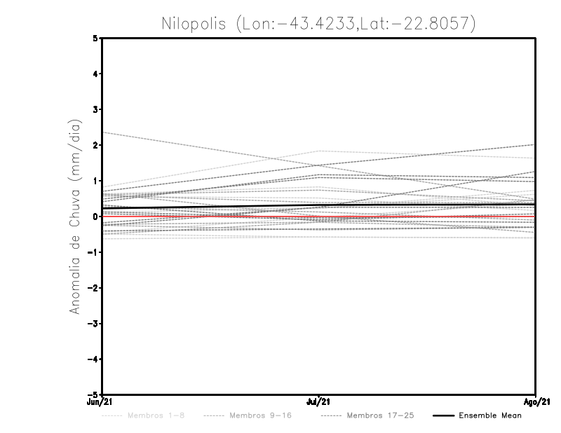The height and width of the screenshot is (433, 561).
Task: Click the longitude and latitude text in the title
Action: tap(356, 24)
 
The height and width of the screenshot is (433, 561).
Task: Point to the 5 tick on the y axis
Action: tap(95, 38)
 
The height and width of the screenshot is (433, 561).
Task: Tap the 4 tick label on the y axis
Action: tap(95, 74)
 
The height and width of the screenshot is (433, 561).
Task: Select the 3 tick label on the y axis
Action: tap(95, 109)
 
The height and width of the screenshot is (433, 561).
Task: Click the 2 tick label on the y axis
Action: tap(95, 145)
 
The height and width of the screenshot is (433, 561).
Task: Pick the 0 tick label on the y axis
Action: tap(95, 216)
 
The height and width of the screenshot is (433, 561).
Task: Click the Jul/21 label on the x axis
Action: tap(319, 401)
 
